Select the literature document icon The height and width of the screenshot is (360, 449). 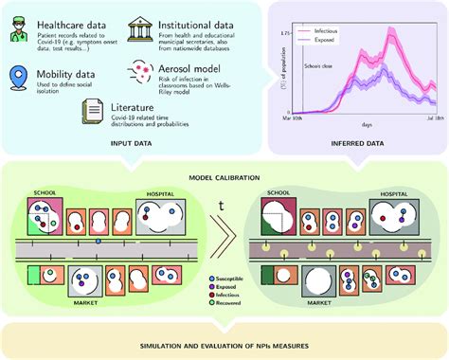click(92, 115)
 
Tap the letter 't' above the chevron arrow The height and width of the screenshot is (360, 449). click(224, 201)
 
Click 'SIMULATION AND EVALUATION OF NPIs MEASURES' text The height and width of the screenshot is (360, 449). click(224, 340)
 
